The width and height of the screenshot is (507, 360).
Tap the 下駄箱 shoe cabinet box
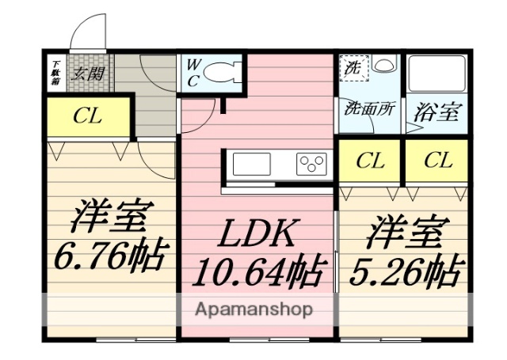tap(56, 72)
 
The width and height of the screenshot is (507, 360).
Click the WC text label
tap(193, 74)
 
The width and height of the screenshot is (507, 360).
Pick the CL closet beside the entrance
tap(87, 116)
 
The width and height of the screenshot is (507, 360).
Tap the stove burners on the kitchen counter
tap(312, 164)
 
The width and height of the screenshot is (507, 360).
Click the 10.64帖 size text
tap(257, 273)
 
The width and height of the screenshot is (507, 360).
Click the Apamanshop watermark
tap(252, 309)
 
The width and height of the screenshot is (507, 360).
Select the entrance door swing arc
tap(86, 32)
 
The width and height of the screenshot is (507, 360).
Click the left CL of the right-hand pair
tap(371, 161)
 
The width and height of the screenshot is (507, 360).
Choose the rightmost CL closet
tap(438, 161)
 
